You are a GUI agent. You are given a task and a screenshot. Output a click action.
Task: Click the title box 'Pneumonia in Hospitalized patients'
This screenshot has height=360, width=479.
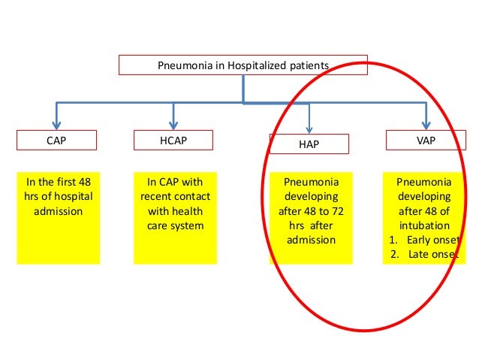pyautogui.click(x=243, y=65)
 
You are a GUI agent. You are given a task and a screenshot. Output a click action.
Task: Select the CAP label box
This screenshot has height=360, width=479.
pyautogui.click(x=56, y=140)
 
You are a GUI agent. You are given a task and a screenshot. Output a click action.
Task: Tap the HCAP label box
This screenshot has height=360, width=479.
pyautogui.click(x=173, y=140)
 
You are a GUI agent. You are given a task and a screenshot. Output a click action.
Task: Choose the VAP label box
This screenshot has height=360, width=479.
pyautogui.click(x=425, y=140)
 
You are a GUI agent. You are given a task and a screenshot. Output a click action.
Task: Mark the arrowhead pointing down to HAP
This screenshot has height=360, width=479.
pyautogui.click(x=309, y=128)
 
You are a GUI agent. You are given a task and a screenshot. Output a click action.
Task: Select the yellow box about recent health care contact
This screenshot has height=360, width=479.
pyautogui.click(x=173, y=218)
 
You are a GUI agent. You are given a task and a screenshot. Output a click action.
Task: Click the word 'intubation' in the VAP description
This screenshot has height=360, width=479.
pyautogui.click(x=425, y=225)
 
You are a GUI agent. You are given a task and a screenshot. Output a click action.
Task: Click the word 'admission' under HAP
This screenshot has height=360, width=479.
pyautogui.click(x=310, y=240)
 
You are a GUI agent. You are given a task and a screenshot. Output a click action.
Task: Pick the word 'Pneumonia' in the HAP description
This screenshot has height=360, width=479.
pyautogui.click(x=310, y=182)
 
